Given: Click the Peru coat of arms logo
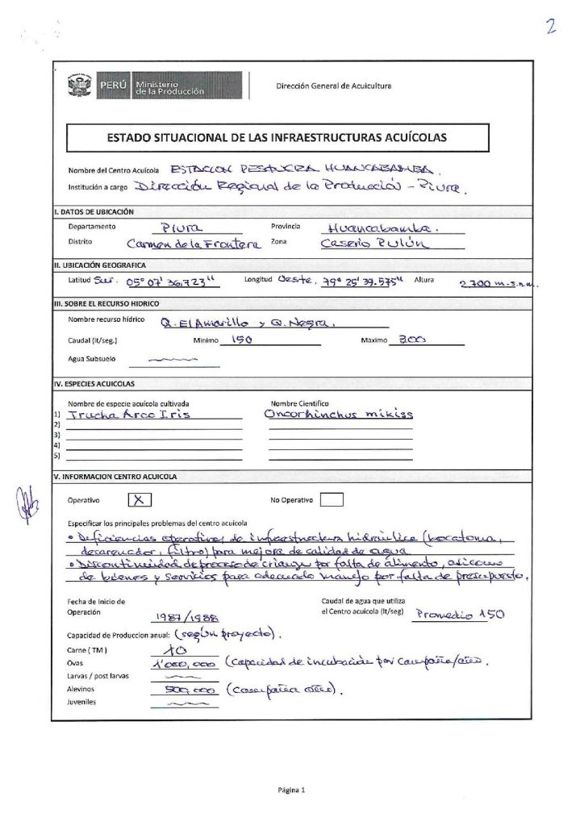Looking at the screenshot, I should [81, 85].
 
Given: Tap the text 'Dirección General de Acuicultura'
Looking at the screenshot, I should [334, 86].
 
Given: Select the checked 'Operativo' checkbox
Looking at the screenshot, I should [140, 499].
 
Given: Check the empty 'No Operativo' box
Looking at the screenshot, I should [332, 499].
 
